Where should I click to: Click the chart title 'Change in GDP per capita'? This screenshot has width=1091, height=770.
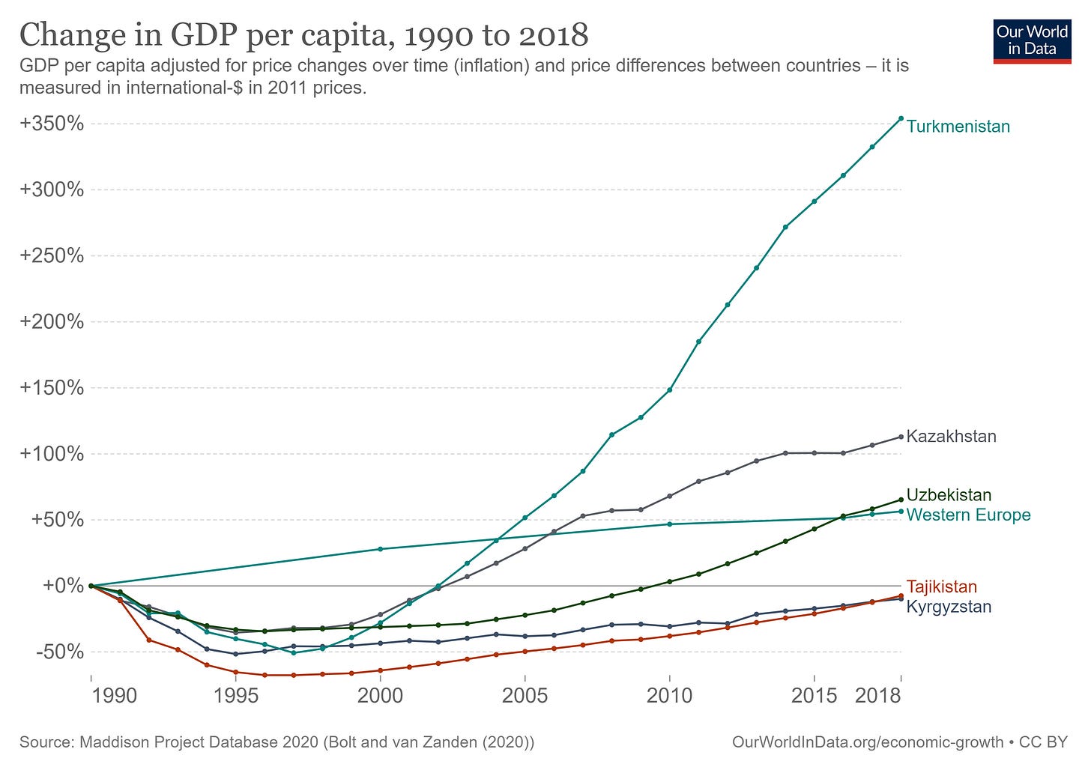pos(303,35)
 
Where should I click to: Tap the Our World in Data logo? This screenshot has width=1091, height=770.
pos(1032,40)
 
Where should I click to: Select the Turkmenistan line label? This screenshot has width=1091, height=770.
pos(958,127)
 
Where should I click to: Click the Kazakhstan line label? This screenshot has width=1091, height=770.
pos(951,437)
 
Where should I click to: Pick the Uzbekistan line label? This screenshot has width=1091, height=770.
pos(949,495)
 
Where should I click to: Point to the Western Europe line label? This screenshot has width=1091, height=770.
pos(968,515)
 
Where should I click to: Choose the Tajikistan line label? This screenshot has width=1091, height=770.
pos(941,587)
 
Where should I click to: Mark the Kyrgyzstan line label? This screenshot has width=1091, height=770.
pos(949,607)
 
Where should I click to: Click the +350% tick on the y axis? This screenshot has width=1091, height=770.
pos(52,124)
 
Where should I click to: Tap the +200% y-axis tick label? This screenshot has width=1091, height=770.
pos(52,322)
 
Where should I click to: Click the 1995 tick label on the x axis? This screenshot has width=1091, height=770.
pos(236,696)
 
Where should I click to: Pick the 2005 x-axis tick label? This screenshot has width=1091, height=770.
pos(525,696)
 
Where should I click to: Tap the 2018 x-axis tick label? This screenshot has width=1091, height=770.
pos(877,696)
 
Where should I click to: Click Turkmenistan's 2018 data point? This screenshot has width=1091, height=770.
pos(901,118)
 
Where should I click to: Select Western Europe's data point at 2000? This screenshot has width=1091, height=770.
pos(380,549)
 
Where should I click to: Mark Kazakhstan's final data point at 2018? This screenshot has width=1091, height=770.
pos(901,437)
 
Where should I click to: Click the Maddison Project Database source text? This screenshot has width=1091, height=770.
pos(276,742)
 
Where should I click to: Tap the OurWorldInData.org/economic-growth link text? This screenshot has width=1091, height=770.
pos(867,742)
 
